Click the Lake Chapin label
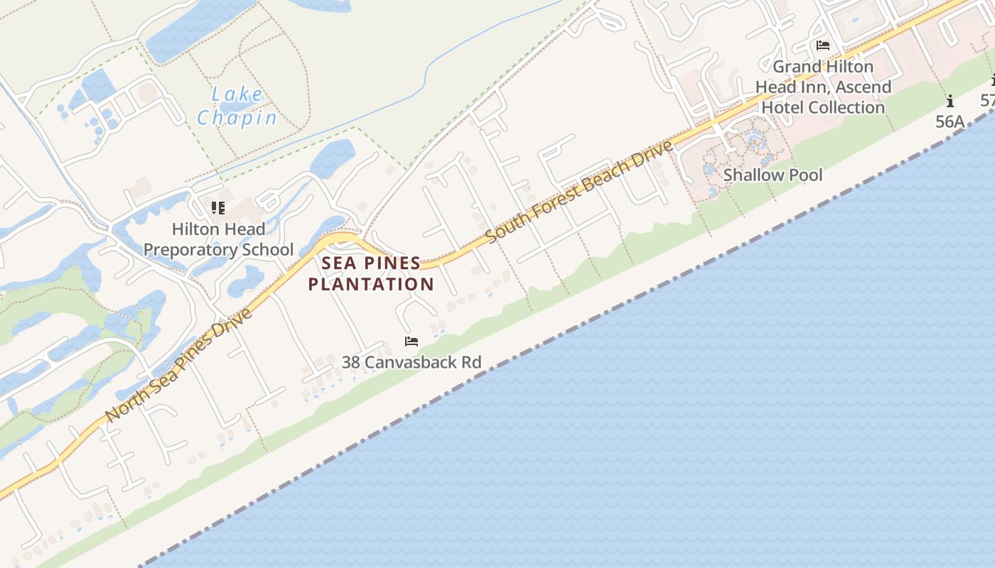click(237, 105)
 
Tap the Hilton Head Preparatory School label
click(218, 239)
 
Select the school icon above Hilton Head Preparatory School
click(218, 208)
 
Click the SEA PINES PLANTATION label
click(371, 273)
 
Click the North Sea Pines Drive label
click(179, 365)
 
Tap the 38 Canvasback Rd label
click(412, 362)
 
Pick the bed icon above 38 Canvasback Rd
click(412, 342)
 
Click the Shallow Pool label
click(773, 175)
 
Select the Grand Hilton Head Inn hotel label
click(823, 87)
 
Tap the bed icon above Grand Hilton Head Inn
click(823, 45)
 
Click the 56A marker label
click(950, 121)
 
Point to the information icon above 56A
click(950, 101)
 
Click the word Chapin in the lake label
click(237, 117)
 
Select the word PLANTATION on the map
click(371, 284)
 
